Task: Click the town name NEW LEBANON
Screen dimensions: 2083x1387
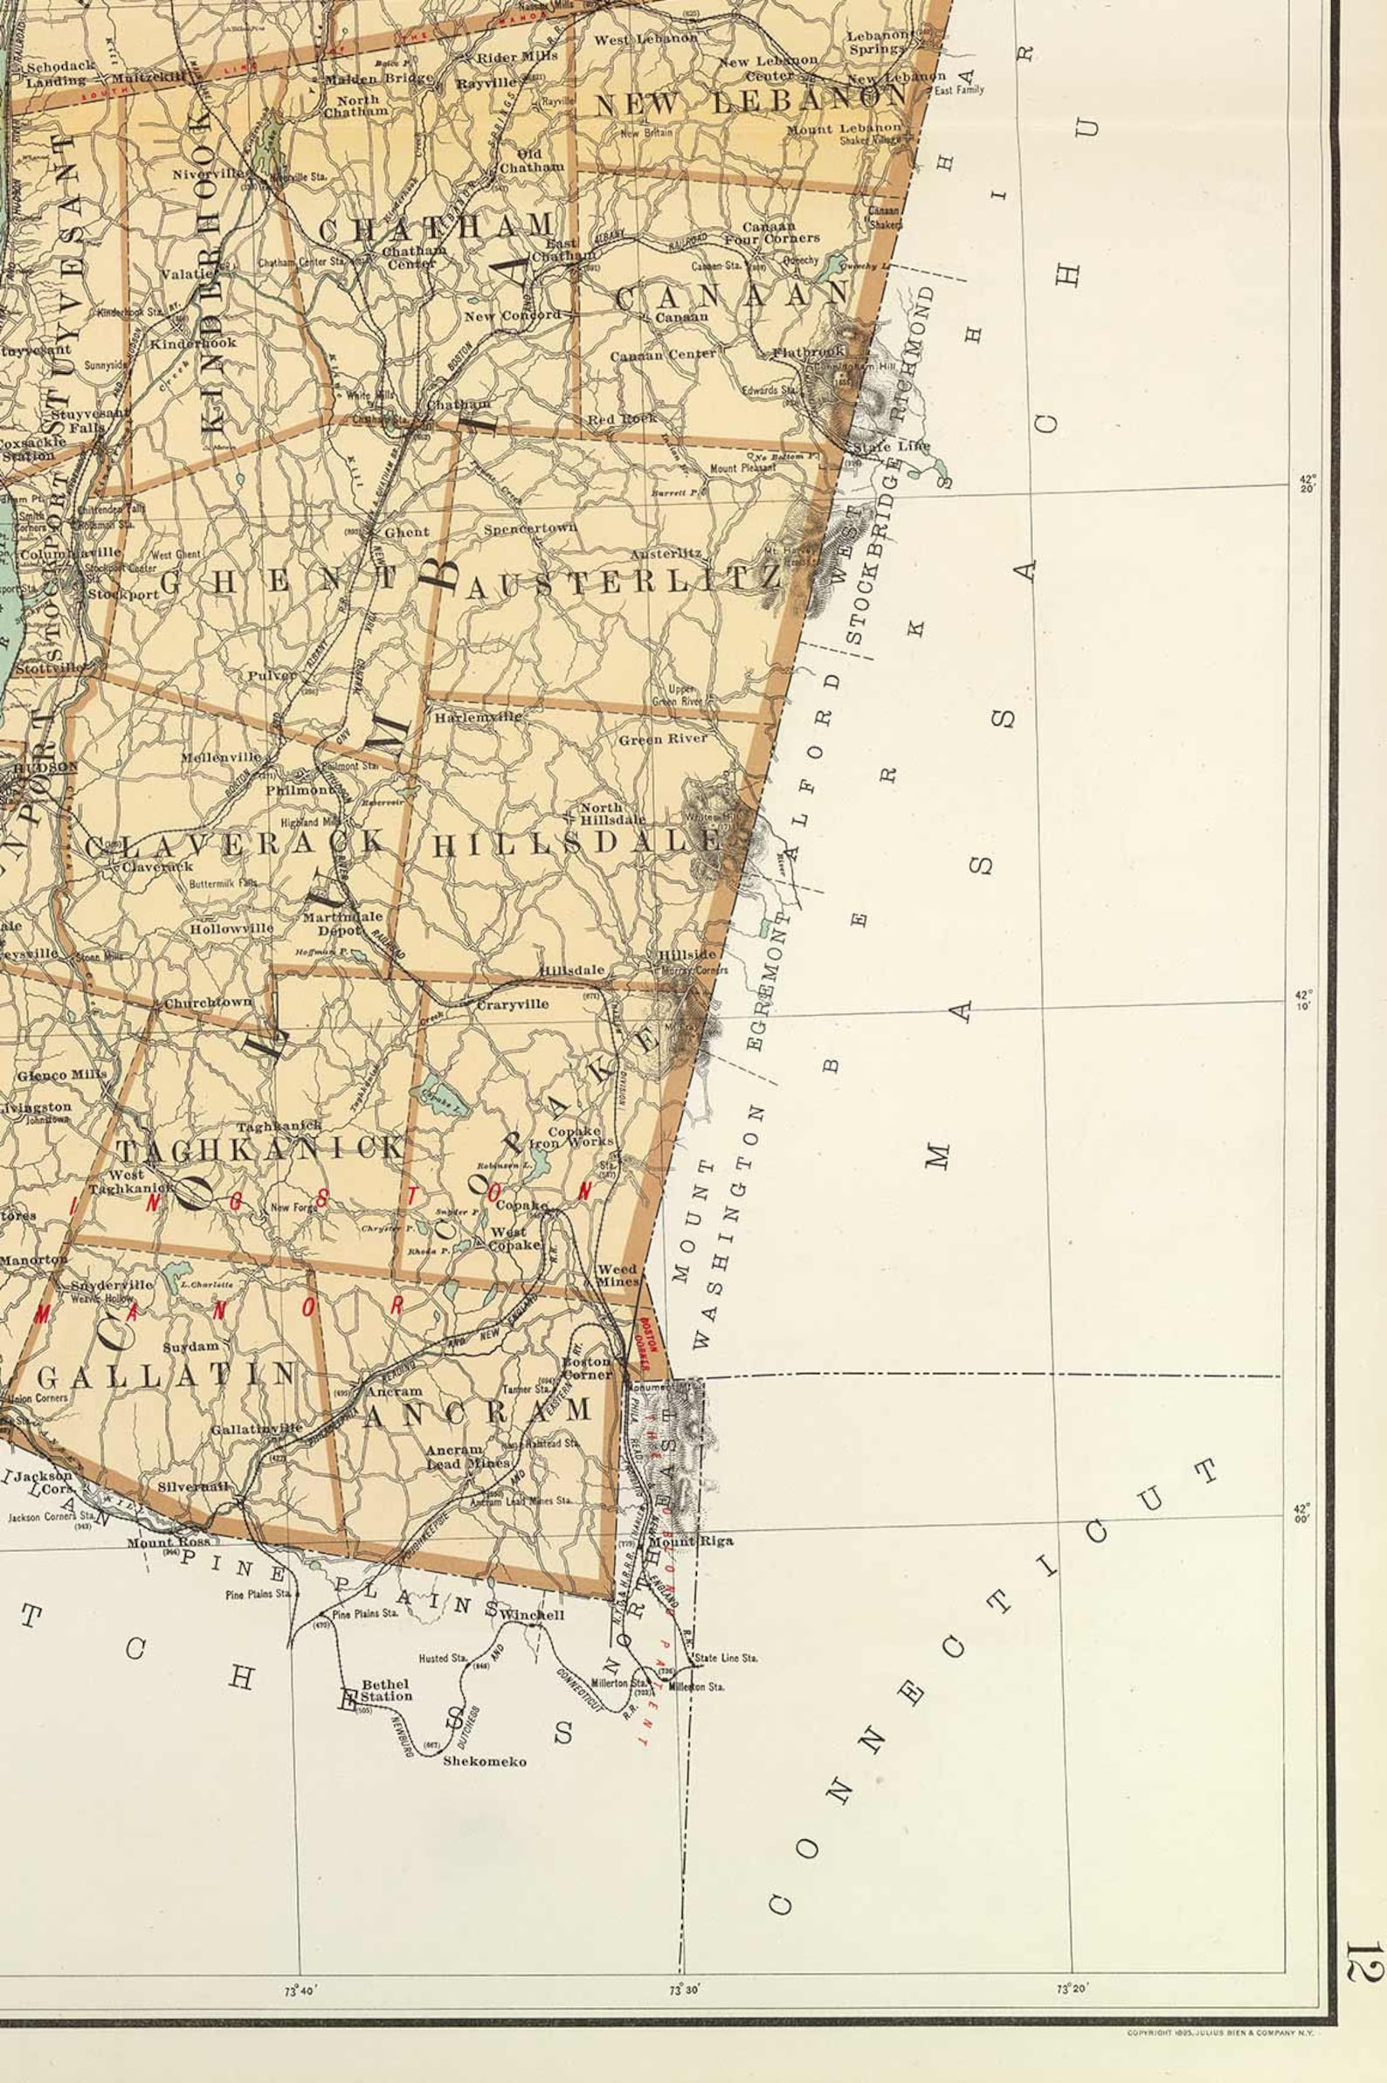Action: [751, 101]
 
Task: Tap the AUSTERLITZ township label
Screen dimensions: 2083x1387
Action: [623, 582]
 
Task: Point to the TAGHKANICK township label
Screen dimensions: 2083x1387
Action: [261, 1150]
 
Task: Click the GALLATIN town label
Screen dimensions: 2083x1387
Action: [167, 1374]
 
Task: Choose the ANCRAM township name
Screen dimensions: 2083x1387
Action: [477, 1410]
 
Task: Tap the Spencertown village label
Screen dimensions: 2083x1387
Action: [530, 529]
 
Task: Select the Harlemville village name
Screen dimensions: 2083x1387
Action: [478, 717]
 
